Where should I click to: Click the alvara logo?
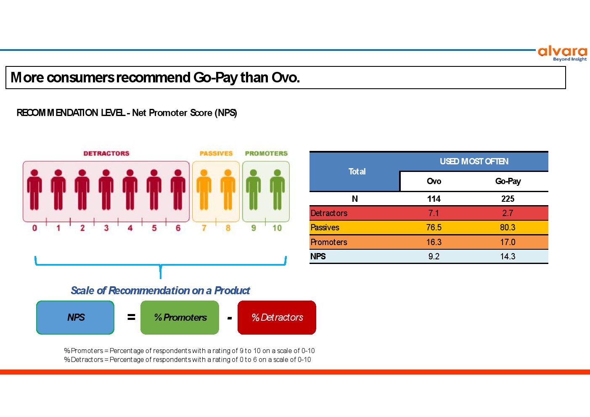point(562,54)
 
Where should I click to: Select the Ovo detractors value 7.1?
point(434,213)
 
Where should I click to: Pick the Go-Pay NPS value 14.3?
point(508,256)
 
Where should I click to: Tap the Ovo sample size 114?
point(434,199)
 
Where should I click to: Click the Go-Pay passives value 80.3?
point(508,227)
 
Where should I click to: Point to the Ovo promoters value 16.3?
point(434,242)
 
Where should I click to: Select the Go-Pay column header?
point(508,181)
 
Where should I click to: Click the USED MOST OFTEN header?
point(474,161)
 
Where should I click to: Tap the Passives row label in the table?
point(325,227)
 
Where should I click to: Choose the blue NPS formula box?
point(75,317)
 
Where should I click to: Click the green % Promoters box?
point(180,317)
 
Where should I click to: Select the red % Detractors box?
point(277,317)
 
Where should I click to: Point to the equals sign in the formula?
point(131,317)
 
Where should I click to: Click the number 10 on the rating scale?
point(277,228)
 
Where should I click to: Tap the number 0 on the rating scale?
point(34,228)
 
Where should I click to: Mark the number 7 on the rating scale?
point(204,228)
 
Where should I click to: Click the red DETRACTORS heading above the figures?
point(106,153)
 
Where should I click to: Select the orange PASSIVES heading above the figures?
point(216,153)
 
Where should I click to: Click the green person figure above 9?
point(253,190)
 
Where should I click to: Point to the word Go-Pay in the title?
point(215,78)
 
